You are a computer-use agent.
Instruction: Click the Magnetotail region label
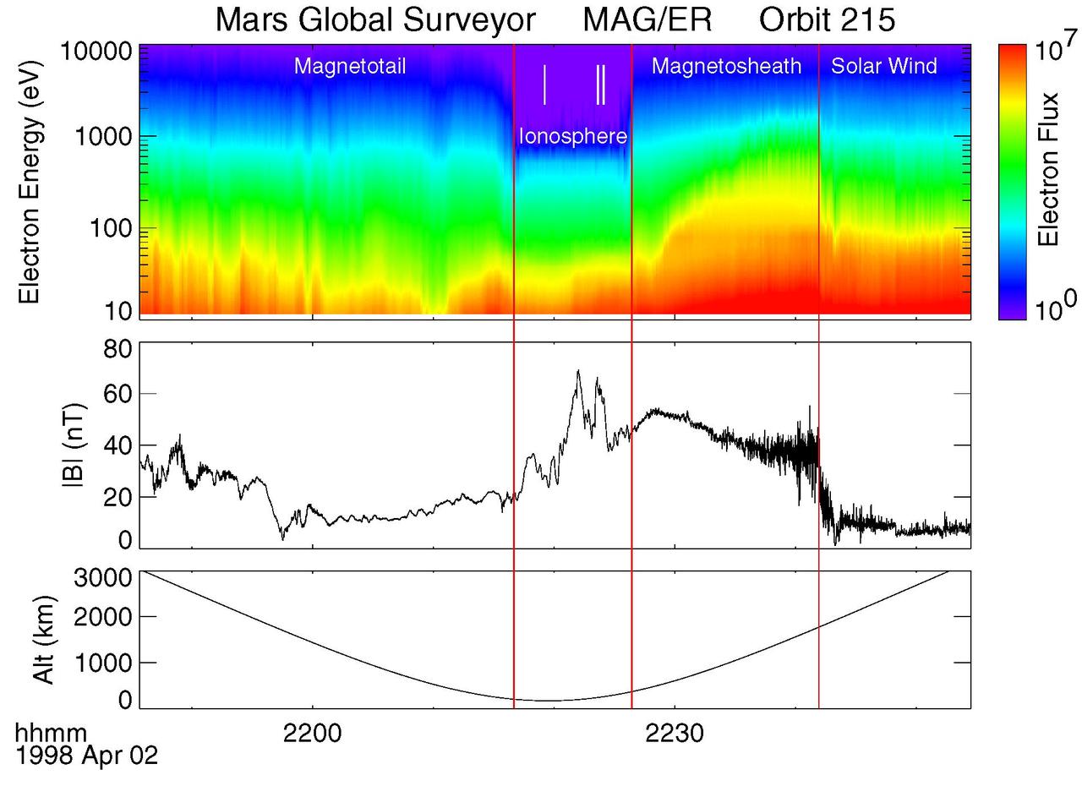pyautogui.click(x=350, y=67)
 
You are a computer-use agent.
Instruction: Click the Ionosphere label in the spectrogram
pyautogui.click(x=572, y=136)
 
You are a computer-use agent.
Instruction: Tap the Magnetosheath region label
pyautogui.click(x=726, y=67)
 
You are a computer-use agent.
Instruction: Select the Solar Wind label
pyautogui.click(x=884, y=67)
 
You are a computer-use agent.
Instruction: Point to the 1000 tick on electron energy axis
pyautogui.click(x=101, y=136)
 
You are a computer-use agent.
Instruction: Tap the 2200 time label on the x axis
pyautogui.click(x=313, y=733)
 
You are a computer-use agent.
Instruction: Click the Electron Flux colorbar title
pyautogui.click(x=1048, y=182)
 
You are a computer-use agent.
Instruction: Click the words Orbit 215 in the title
pyautogui.click(x=827, y=19)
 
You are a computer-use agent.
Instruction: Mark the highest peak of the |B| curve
pyautogui.click(x=578, y=371)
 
